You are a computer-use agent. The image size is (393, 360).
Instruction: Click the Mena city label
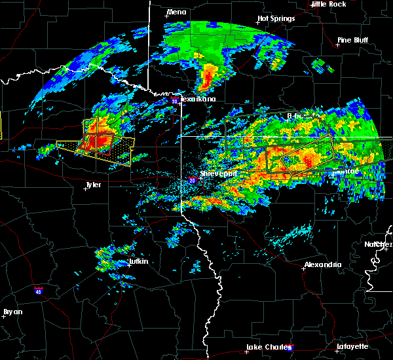click(176, 12)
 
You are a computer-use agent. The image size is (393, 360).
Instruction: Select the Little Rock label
click(329, 4)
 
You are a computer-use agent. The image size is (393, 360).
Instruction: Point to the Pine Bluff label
click(352, 40)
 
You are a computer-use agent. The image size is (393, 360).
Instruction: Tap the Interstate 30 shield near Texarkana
click(174, 101)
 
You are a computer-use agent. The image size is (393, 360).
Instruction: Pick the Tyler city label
click(94, 185)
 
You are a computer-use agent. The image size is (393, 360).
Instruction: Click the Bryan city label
click(14, 312)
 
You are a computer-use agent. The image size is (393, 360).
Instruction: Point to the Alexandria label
click(322, 264)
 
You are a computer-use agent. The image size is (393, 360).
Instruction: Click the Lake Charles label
click(266, 347)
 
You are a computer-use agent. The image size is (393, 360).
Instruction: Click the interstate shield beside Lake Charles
click(290, 349)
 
